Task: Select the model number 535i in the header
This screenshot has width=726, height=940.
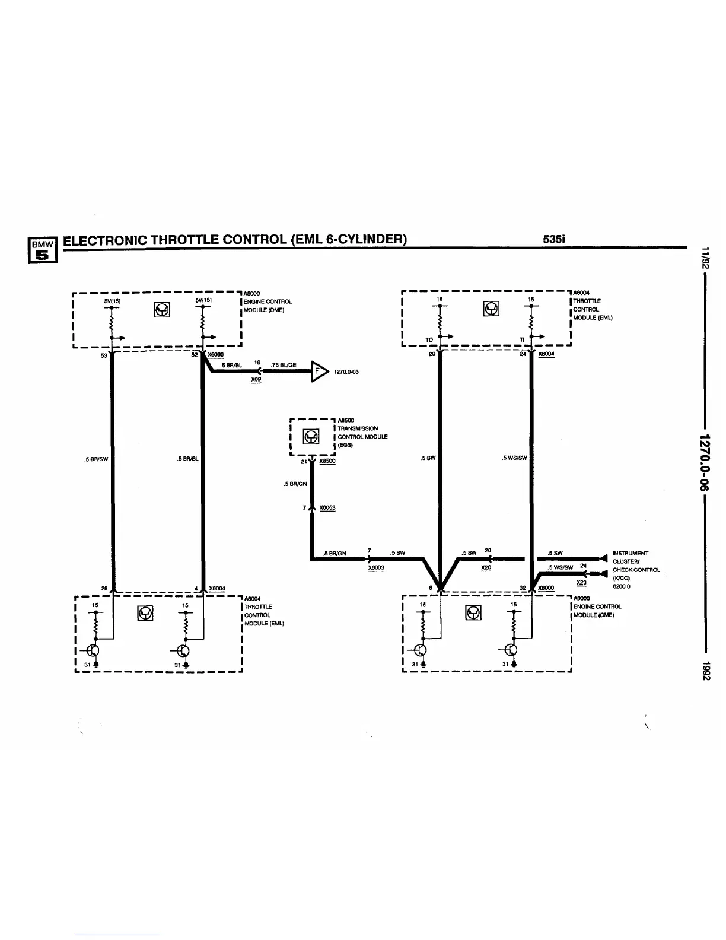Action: pyautogui.click(x=555, y=239)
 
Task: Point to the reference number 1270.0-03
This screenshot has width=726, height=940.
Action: pyautogui.click(x=347, y=372)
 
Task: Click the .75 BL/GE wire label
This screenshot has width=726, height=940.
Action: pyautogui.click(x=284, y=364)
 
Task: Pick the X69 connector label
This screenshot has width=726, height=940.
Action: pyautogui.click(x=256, y=379)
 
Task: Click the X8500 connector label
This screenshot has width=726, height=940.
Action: pyautogui.click(x=327, y=461)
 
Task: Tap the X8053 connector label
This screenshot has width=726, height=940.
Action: pyautogui.click(x=327, y=507)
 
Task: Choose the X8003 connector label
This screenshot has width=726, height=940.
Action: pyautogui.click(x=376, y=567)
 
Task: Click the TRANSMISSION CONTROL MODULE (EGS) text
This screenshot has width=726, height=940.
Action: pyautogui.click(x=362, y=436)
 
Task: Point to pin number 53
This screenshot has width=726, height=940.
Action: pyautogui.click(x=104, y=356)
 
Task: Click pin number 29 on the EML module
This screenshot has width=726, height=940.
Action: pyautogui.click(x=432, y=354)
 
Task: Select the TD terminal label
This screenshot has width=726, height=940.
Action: pyautogui.click(x=429, y=340)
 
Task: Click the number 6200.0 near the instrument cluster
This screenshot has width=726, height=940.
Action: pyautogui.click(x=621, y=586)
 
